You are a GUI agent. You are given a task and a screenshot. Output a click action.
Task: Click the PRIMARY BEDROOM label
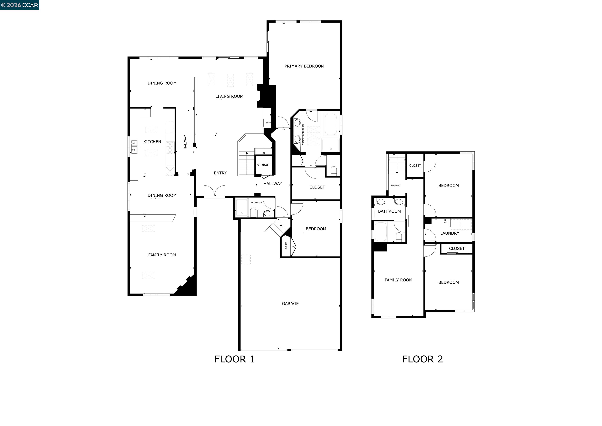click(x=304, y=66)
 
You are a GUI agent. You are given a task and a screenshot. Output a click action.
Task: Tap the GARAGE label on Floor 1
click(x=290, y=303)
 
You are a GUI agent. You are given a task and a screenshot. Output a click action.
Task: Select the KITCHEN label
click(x=152, y=142)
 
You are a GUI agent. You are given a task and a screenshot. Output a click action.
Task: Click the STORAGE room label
click(x=264, y=165)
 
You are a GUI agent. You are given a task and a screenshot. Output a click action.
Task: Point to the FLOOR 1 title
click(x=234, y=359)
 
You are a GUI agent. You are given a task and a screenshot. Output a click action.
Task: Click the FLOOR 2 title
click(x=422, y=359)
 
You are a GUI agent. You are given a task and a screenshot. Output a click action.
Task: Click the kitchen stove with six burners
click(x=170, y=148)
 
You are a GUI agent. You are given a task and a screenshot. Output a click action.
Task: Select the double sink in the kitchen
click(x=134, y=147)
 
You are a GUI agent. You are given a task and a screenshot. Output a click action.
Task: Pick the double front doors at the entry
click(x=214, y=191)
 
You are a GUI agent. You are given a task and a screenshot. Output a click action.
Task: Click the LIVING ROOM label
click(x=229, y=96)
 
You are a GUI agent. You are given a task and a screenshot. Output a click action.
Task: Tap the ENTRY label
click(x=220, y=173)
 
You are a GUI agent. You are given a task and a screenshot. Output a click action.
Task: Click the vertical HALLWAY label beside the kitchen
click(x=185, y=142)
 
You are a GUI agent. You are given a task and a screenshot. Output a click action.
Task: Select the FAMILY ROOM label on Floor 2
click(x=398, y=280)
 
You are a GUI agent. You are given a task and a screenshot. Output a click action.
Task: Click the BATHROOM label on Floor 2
click(x=389, y=211)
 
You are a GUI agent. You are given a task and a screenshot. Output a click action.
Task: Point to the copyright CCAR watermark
click(x=20, y=5)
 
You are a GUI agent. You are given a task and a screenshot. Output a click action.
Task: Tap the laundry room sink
click(x=445, y=223)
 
